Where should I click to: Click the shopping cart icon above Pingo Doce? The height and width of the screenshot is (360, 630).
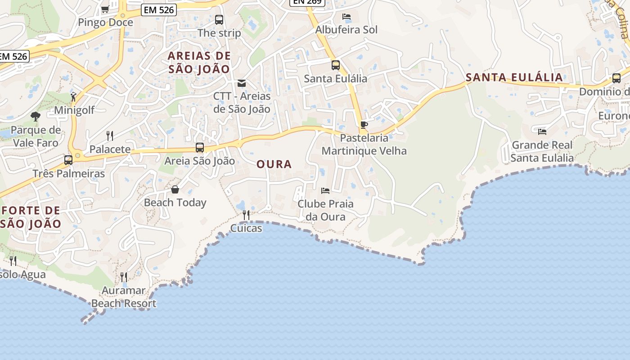pyautogui.click(x=105, y=9)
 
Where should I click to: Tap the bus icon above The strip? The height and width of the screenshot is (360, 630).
pyautogui.click(x=219, y=20)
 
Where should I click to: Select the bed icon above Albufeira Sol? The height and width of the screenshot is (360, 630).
pyautogui.click(x=346, y=17)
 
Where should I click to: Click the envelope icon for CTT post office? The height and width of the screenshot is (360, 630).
pyautogui.click(x=242, y=83)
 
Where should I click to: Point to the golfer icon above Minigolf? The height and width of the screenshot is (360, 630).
pyautogui.click(x=74, y=96)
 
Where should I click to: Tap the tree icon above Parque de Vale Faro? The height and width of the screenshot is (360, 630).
pyautogui.click(x=36, y=117)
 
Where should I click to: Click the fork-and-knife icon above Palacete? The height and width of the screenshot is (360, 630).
pyautogui.click(x=110, y=135)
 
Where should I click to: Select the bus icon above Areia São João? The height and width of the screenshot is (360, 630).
pyautogui.click(x=200, y=147)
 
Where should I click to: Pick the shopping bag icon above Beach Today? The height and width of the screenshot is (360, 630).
pyautogui.click(x=175, y=189)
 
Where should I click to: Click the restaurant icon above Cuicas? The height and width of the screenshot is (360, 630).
pyautogui.click(x=246, y=215)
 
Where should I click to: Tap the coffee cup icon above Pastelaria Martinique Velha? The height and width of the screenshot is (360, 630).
pyautogui.click(x=364, y=125)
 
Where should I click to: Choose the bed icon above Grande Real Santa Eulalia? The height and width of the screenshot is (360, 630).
pyautogui.click(x=542, y=131)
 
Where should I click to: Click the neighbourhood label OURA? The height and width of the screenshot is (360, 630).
pyautogui.click(x=274, y=164)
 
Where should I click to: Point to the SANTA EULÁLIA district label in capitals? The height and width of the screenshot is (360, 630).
pyautogui.click(x=514, y=77)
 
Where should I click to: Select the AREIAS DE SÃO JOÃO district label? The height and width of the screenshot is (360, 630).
pyautogui.click(x=199, y=63)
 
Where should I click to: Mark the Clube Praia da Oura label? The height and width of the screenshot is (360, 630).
pyautogui.click(x=326, y=210)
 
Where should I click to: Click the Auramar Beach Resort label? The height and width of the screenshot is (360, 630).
pyautogui.click(x=124, y=297)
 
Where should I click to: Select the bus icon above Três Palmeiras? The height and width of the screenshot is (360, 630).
pyautogui.click(x=68, y=160)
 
